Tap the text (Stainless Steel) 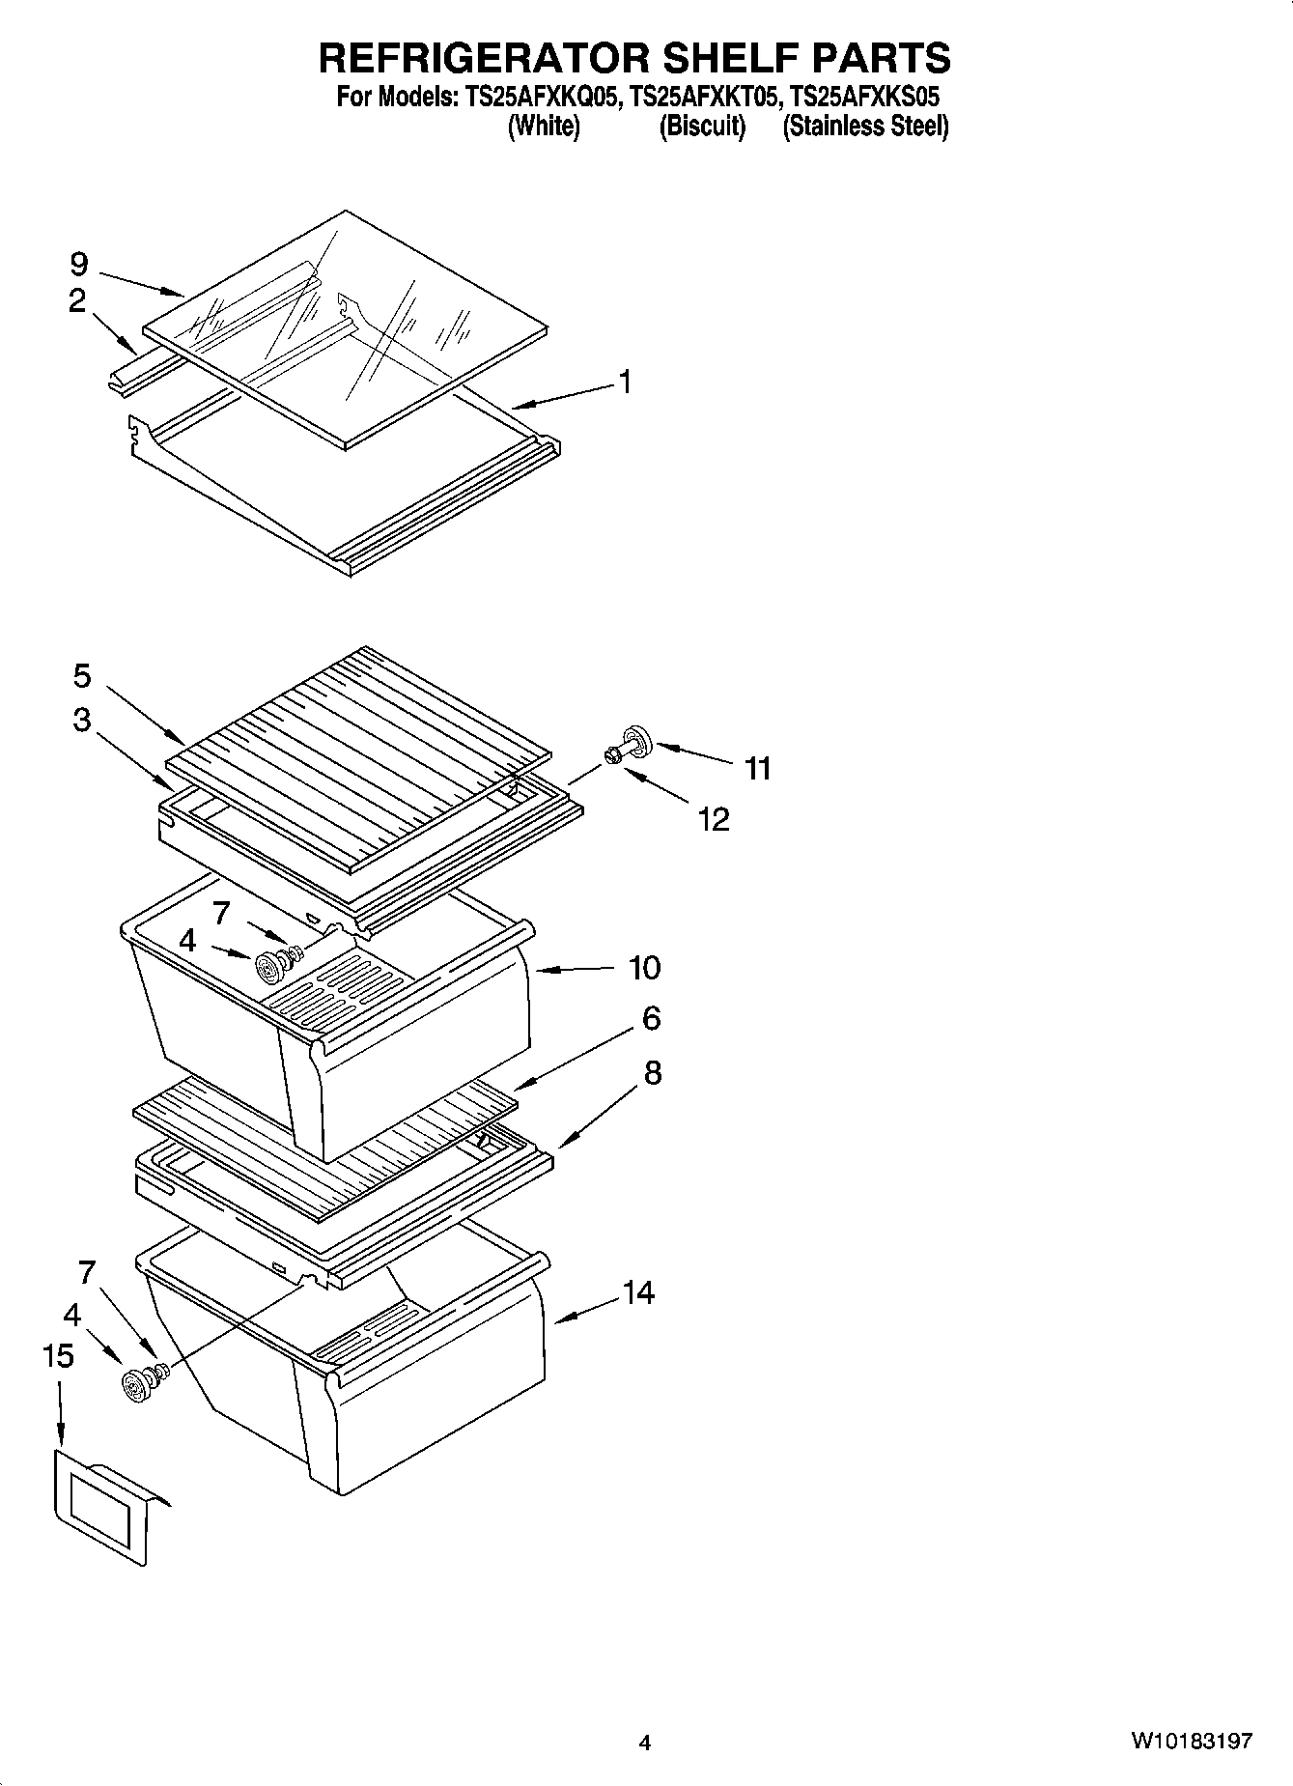pyautogui.click(x=865, y=127)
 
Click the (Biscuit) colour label pyautogui.click(x=702, y=127)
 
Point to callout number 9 pyautogui.click(x=79, y=264)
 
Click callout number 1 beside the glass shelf pyautogui.click(x=625, y=383)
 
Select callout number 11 pyautogui.click(x=758, y=769)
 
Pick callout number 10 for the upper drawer pyautogui.click(x=644, y=967)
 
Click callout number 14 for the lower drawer pyautogui.click(x=638, y=1292)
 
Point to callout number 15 pyautogui.click(x=58, y=1356)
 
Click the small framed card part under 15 pyautogui.click(x=104, y=1507)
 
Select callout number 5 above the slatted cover pyautogui.click(x=82, y=676)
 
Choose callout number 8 pyautogui.click(x=652, y=1072)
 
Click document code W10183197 pyautogui.click(x=1192, y=1742)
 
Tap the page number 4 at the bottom pyautogui.click(x=645, y=1743)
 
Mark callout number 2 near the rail pyautogui.click(x=77, y=301)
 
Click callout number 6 pyautogui.click(x=651, y=1017)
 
